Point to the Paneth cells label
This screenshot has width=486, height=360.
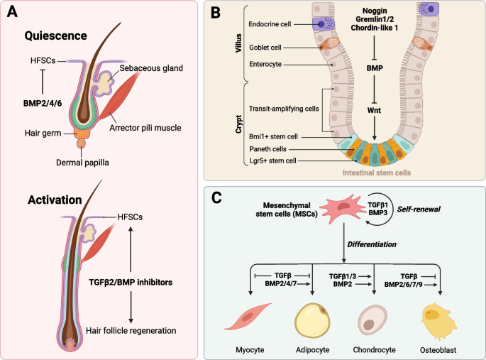[270, 148]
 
